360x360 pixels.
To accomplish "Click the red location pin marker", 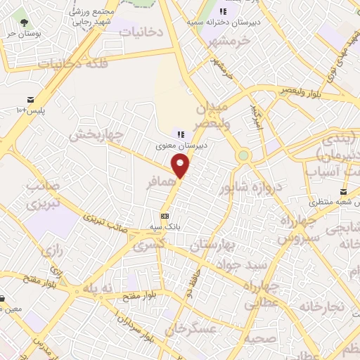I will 181,165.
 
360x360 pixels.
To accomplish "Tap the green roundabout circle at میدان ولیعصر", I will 243,155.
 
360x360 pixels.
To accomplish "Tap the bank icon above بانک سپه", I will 165,216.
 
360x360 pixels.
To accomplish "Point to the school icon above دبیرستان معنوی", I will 181,134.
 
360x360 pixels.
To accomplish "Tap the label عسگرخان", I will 190,328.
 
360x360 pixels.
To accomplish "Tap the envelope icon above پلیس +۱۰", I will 31,101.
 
